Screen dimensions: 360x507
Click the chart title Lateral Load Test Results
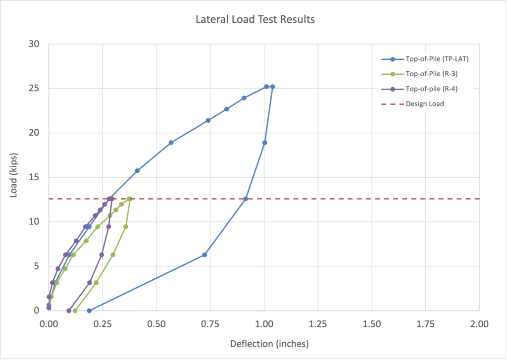tap(255, 20)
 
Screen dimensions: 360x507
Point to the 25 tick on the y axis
tap(34, 89)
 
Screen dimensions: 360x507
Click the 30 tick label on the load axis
tap(34, 44)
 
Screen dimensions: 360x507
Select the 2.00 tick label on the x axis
tap(479, 324)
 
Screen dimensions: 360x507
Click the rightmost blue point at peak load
tap(272, 87)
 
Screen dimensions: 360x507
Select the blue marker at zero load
tap(89, 310)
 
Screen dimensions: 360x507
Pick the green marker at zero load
tap(75, 310)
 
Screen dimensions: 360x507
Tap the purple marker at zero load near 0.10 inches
tap(69, 310)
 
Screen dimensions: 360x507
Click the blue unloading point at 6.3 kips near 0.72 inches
tap(204, 255)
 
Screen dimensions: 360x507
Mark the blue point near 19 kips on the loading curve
tap(171, 143)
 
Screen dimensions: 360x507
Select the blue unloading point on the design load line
tap(246, 199)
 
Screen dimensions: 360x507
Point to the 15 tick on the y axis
tap(34, 177)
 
